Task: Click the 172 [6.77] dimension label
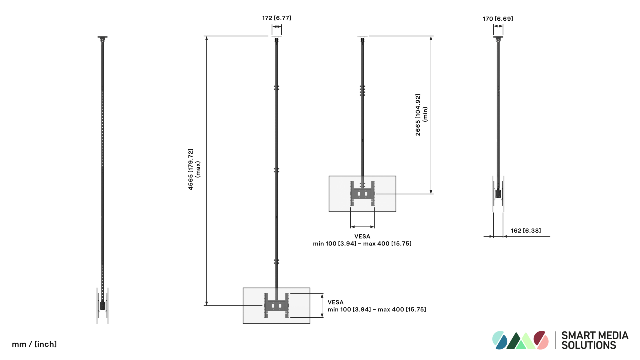(277, 18)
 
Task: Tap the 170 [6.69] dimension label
(498, 19)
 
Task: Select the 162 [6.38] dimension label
(526, 231)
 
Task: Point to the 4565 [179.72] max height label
(194, 169)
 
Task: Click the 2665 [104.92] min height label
(421, 115)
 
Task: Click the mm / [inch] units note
(34, 344)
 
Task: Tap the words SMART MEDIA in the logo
(595, 335)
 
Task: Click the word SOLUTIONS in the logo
(589, 345)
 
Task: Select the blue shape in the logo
(501, 343)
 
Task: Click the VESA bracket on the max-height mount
(276, 305)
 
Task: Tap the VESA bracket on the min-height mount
(362, 193)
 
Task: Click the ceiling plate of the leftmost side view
(102, 37)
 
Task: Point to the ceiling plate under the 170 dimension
(498, 37)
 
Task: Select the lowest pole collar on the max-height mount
(276, 262)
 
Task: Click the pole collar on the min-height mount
(362, 91)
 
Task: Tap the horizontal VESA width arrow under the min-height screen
(362, 227)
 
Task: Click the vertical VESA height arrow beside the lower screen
(322, 305)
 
